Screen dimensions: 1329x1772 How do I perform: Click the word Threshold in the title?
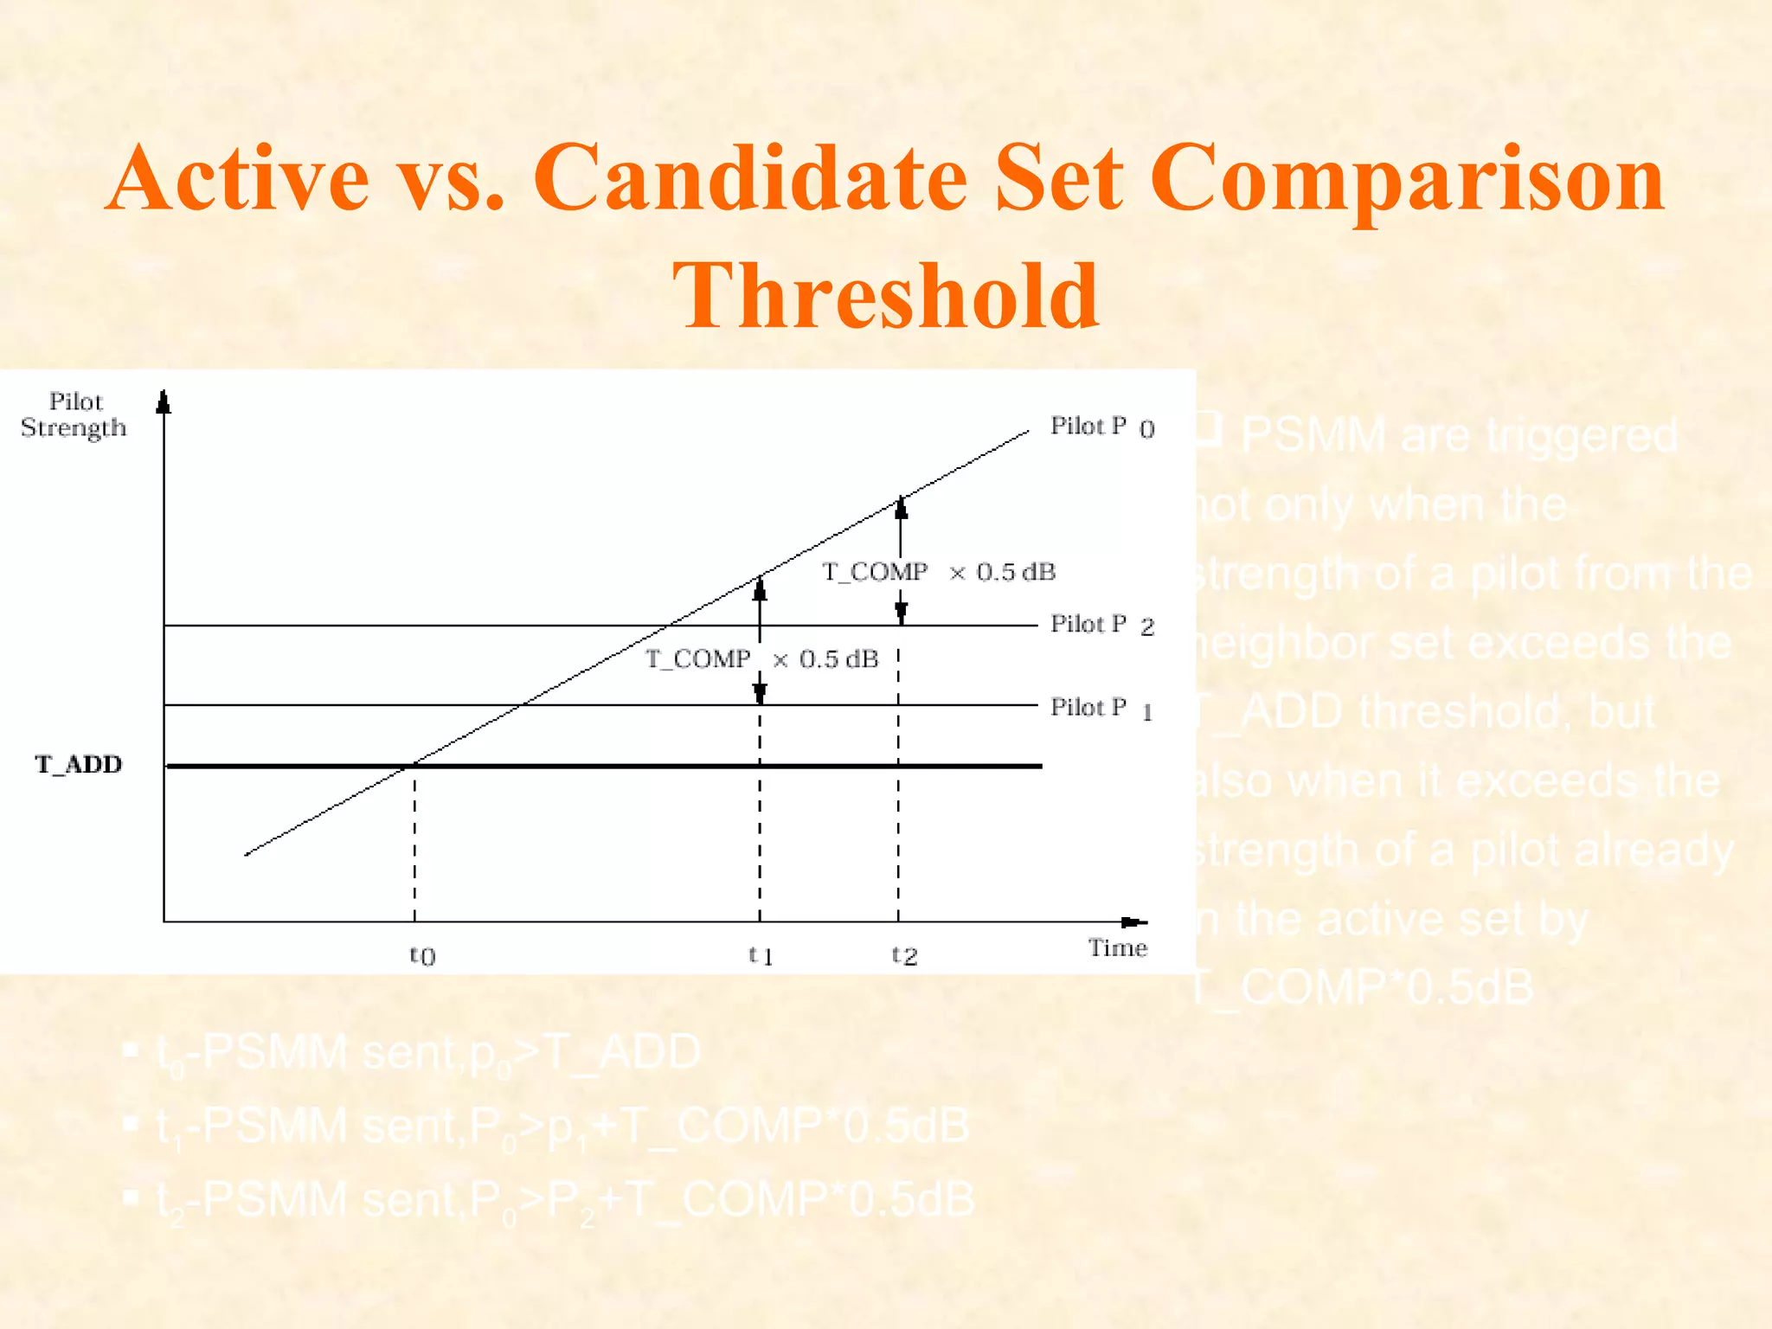tap(886, 296)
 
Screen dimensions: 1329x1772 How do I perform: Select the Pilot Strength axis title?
tap(74, 414)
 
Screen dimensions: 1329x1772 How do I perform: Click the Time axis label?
tap(1117, 948)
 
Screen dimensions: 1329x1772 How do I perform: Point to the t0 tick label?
tap(422, 955)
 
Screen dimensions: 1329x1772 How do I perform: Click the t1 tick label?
tap(760, 955)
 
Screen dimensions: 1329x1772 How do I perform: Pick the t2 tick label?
tap(904, 955)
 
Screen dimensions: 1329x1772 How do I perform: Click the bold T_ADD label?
tap(79, 765)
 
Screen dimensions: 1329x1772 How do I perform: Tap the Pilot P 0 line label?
tap(1101, 427)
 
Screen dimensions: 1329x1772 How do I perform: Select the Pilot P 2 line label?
tap(1101, 625)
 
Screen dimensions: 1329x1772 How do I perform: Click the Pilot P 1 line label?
tap(1101, 709)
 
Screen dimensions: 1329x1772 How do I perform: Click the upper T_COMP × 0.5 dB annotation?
tap(938, 572)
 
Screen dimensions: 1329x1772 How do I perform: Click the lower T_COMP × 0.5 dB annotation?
tap(761, 659)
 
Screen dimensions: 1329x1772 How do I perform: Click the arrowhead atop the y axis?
tap(164, 402)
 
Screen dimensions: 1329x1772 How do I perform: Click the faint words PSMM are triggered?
tap(1459, 435)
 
